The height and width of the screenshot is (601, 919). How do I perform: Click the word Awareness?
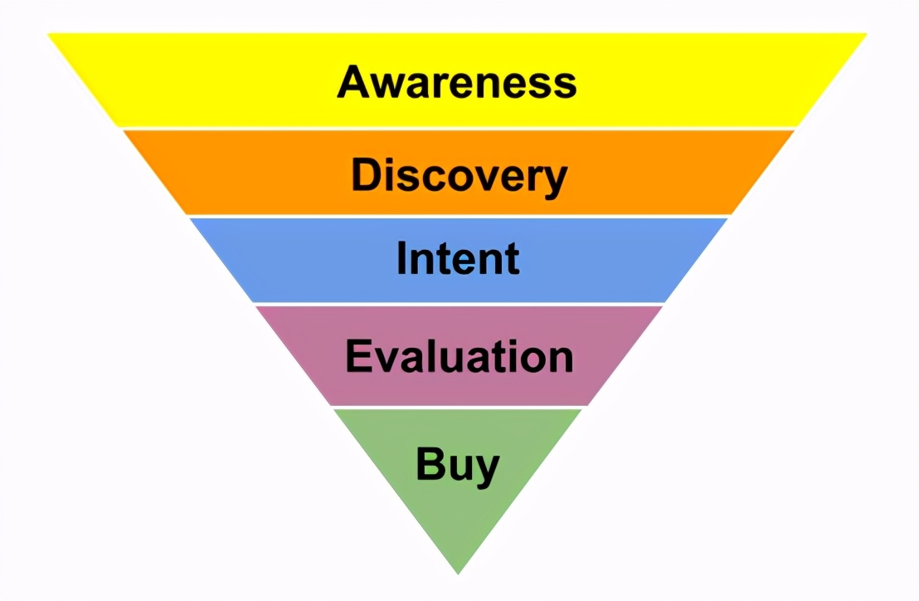tap(457, 82)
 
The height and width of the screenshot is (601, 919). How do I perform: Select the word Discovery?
tap(459, 176)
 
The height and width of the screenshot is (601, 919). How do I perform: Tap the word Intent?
tap(458, 258)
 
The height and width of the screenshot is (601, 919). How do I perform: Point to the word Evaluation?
tap(459, 357)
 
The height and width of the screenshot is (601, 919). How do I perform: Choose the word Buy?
tap(457, 464)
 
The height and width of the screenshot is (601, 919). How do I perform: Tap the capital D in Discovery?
tap(366, 175)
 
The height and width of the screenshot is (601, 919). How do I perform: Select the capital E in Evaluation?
tap(357, 356)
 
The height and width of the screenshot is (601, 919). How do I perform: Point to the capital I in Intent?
tap(402, 258)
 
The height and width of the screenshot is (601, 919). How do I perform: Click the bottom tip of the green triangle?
tap(458, 572)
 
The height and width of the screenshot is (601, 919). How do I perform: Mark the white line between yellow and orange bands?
tap(459, 129)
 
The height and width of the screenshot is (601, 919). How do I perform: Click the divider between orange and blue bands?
tap(459, 216)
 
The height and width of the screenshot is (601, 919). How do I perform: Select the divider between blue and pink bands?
tap(459, 304)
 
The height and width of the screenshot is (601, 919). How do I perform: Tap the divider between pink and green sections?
tap(458, 407)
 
